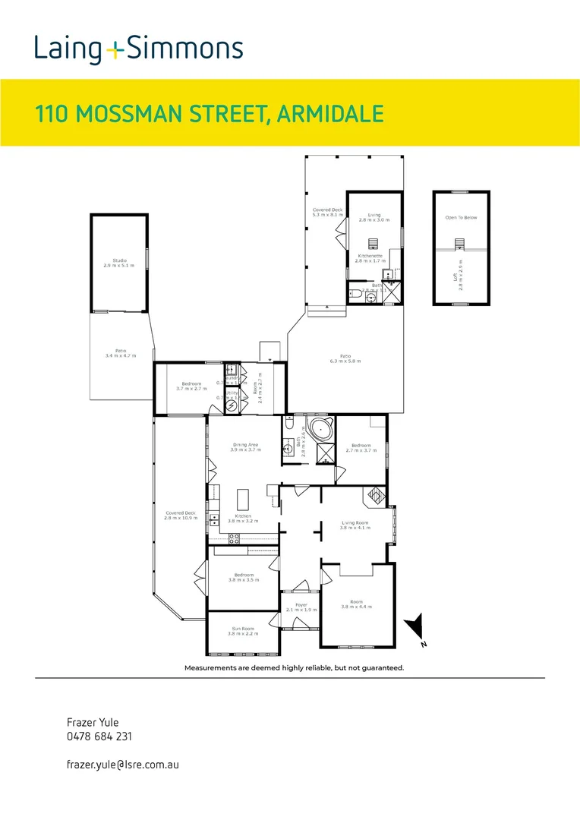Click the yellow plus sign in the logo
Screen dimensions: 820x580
114,51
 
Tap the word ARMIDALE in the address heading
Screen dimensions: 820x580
330,115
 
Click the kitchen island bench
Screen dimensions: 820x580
244,499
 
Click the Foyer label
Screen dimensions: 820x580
301,605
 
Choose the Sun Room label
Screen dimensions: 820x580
244,628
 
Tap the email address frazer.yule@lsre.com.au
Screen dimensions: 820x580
123,766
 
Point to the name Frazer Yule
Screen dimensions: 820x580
93,723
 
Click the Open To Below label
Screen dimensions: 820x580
461,218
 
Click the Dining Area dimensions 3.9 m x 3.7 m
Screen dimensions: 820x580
245,450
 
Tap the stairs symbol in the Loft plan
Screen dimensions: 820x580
459,244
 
